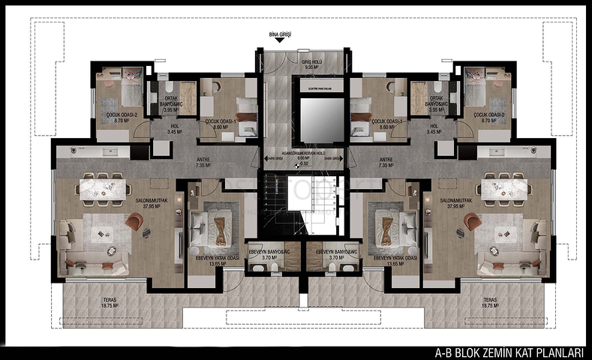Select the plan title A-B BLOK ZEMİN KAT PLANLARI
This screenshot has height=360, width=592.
[509, 351]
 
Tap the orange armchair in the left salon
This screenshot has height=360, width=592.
[135, 222]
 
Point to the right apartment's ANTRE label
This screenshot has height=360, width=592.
[386, 162]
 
